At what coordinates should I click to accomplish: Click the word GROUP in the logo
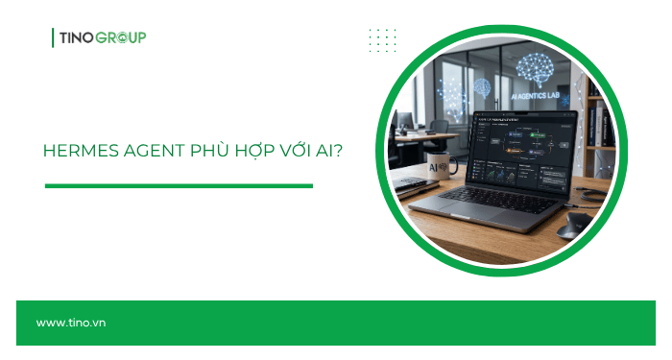coord(122,37)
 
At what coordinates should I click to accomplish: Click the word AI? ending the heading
coord(309,152)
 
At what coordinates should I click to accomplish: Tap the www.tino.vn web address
coord(71,323)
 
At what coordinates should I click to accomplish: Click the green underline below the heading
coord(179,186)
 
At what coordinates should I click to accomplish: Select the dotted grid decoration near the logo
coord(382,39)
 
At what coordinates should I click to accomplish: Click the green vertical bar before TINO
coord(53,37)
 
